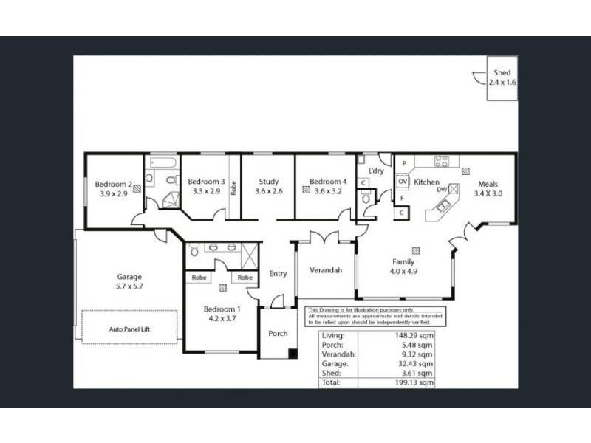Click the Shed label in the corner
point(502,73)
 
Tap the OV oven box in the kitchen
point(403,181)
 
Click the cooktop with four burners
point(442,162)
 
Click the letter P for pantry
point(404,162)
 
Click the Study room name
point(268,181)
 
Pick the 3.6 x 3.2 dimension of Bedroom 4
point(328,190)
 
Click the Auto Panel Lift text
point(129,329)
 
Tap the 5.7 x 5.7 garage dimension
point(129,287)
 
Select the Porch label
point(278,333)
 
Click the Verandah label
point(325,270)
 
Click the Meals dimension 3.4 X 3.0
point(488,193)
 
